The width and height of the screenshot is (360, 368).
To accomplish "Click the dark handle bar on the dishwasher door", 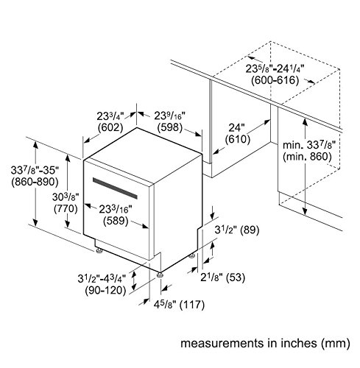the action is point(115,188).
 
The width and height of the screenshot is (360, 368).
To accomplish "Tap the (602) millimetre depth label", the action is point(110,127).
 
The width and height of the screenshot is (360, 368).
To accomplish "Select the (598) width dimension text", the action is point(170,127).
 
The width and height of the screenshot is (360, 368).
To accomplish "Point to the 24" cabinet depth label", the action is point(237,127).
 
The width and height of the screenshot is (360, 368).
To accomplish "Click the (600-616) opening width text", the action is point(275,80).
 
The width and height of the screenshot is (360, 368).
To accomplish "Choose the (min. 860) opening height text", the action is point(307,157).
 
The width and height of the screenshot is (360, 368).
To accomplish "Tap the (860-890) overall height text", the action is point(35,182).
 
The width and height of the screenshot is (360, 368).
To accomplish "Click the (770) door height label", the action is point(66,208).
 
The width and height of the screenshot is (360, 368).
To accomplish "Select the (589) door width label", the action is point(116,221).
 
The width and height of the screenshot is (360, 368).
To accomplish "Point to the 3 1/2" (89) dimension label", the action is point(237,230).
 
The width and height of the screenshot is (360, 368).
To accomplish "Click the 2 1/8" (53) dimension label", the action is point(223,277).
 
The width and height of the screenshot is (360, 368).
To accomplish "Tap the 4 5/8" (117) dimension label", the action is point(179,305).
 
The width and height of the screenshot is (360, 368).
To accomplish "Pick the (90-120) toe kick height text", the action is point(105,291).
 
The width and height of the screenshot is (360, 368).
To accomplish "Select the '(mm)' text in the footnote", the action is point(336,343).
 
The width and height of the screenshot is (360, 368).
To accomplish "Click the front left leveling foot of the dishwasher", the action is point(99,251).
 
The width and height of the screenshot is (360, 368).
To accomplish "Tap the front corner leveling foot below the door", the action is point(160,275).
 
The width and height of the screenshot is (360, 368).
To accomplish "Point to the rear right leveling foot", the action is point(192,256).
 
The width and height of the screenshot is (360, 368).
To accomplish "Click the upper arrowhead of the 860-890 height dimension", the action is point(36,145).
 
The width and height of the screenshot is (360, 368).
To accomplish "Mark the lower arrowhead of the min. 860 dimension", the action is point(305,211).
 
